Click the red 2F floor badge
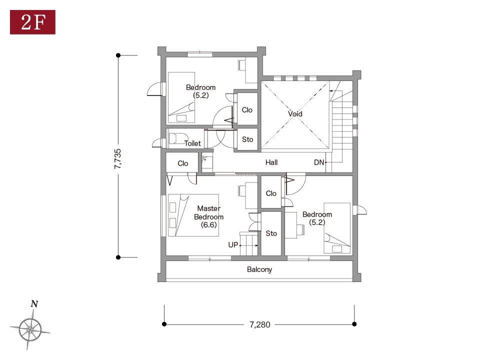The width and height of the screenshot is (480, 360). pos(33,22)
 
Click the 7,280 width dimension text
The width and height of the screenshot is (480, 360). pos(260,324)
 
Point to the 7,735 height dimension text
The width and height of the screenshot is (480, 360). pos(117,159)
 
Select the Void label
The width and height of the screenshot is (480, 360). pos(295,114)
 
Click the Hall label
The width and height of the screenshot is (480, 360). pos(271,162)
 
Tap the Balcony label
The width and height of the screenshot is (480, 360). pos(259,269)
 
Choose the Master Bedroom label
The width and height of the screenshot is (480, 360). pos(209,216)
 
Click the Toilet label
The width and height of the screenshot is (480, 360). pos(192,143)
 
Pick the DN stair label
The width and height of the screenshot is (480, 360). pos(318,162)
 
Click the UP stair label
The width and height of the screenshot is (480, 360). pos(233,245)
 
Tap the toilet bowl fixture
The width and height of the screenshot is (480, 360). pos(177,138)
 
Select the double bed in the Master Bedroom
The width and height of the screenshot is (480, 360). pos(193,215)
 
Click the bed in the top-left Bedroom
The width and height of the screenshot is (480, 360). pos(181,97)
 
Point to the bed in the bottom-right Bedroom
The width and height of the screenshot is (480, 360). pos(337,228)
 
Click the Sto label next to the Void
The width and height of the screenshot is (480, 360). pos(247,139)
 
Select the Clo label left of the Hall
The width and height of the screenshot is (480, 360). pos(183,163)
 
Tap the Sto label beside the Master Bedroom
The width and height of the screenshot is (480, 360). pos(271,233)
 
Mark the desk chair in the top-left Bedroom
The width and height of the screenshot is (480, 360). pos(241,65)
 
